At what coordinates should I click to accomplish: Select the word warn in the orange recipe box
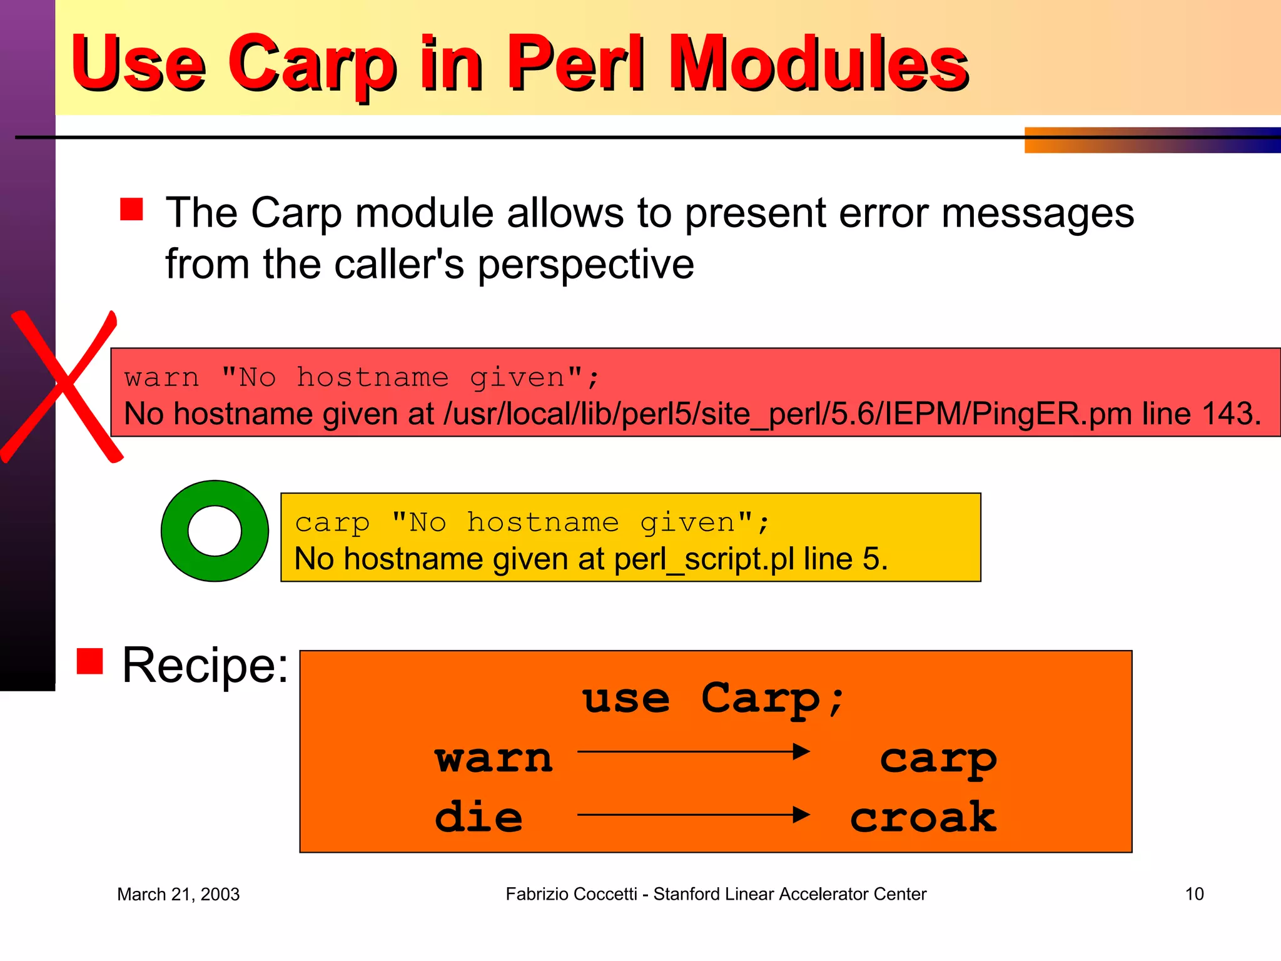(x=494, y=758)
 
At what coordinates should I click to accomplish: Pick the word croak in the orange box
(x=923, y=817)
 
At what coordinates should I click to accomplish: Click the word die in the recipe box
(x=478, y=817)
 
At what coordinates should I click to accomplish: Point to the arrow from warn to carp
(x=693, y=751)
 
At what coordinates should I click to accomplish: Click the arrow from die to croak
(x=693, y=815)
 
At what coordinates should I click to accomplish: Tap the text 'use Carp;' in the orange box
(x=713, y=699)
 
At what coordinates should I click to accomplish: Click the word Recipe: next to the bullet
(x=205, y=665)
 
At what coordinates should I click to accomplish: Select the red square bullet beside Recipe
(x=89, y=661)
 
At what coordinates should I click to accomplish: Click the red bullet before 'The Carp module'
(x=131, y=210)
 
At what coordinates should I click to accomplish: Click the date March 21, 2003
(x=178, y=894)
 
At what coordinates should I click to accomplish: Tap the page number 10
(x=1193, y=894)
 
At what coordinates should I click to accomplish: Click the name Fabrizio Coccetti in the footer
(x=570, y=894)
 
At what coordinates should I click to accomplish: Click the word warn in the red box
(x=161, y=378)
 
